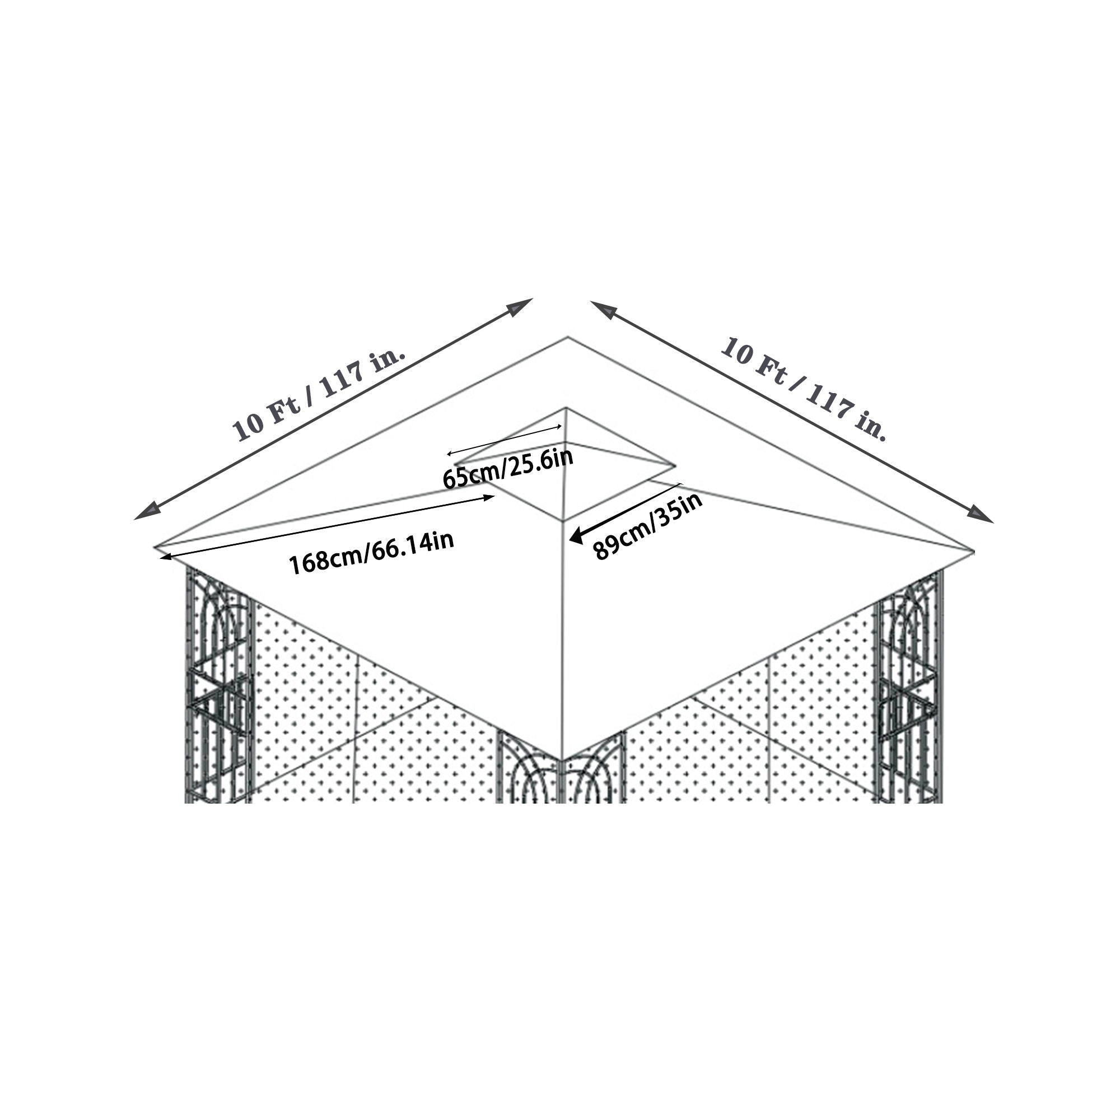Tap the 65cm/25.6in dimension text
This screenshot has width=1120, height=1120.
point(508,468)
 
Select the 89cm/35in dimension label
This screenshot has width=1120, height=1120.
point(647,525)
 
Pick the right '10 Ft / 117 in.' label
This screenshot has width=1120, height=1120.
point(804,388)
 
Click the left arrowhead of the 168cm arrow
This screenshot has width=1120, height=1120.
point(165,558)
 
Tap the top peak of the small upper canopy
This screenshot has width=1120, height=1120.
point(566,409)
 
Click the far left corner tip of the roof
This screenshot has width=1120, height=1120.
point(155,546)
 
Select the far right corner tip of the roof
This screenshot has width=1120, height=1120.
point(973,549)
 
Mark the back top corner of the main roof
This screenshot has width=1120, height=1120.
point(567,337)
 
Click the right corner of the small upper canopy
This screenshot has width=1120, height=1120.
point(674,465)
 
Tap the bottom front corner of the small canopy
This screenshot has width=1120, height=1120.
point(563,520)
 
